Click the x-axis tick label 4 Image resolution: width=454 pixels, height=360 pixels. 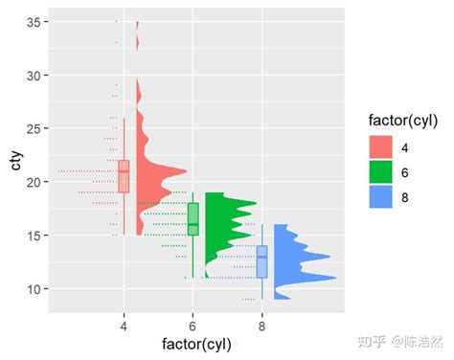[124, 326]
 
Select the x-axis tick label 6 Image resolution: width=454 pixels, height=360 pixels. [193, 326]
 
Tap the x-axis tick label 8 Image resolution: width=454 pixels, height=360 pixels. [262, 326]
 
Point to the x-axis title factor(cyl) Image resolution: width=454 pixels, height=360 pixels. [193, 344]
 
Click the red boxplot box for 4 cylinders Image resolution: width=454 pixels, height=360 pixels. [124, 176]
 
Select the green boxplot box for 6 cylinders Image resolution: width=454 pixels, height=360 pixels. [193, 219]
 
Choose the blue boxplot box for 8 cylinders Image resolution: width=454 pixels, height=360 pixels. [262, 261]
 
